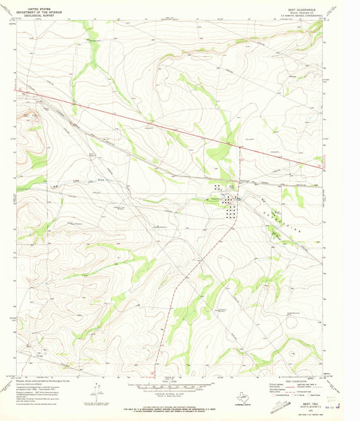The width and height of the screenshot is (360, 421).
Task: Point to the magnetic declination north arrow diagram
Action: (x=99, y=393)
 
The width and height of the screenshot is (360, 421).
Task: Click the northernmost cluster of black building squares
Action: (x=218, y=187)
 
